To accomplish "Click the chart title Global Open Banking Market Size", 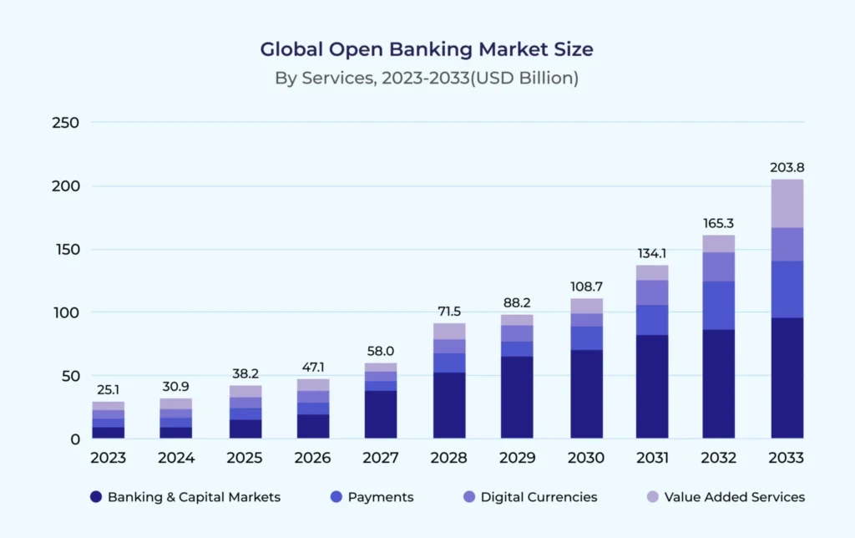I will [x=427, y=49].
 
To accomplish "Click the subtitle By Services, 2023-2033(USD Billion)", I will [x=427, y=79].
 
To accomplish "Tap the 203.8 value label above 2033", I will [x=787, y=167].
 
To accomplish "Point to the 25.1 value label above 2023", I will [x=109, y=389].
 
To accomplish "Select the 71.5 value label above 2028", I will [x=448, y=311].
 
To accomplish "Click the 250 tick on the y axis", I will [x=63, y=123].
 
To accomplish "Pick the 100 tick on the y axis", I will [x=63, y=312].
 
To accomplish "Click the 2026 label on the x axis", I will [x=313, y=458].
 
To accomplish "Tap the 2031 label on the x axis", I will [x=651, y=458].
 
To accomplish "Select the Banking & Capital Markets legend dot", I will [x=96, y=497].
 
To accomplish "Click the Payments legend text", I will [x=380, y=497].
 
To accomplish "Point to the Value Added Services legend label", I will [x=734, y=497].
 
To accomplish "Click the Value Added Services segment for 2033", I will [x=787, y=203].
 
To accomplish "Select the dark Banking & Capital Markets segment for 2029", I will [x=516, y=397].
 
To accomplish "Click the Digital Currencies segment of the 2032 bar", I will [x=718, y=266].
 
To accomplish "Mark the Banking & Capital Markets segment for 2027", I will [x=381, y=414].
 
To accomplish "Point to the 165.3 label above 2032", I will [x=718, y=223].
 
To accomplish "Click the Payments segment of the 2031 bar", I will [x=651, y=320].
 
